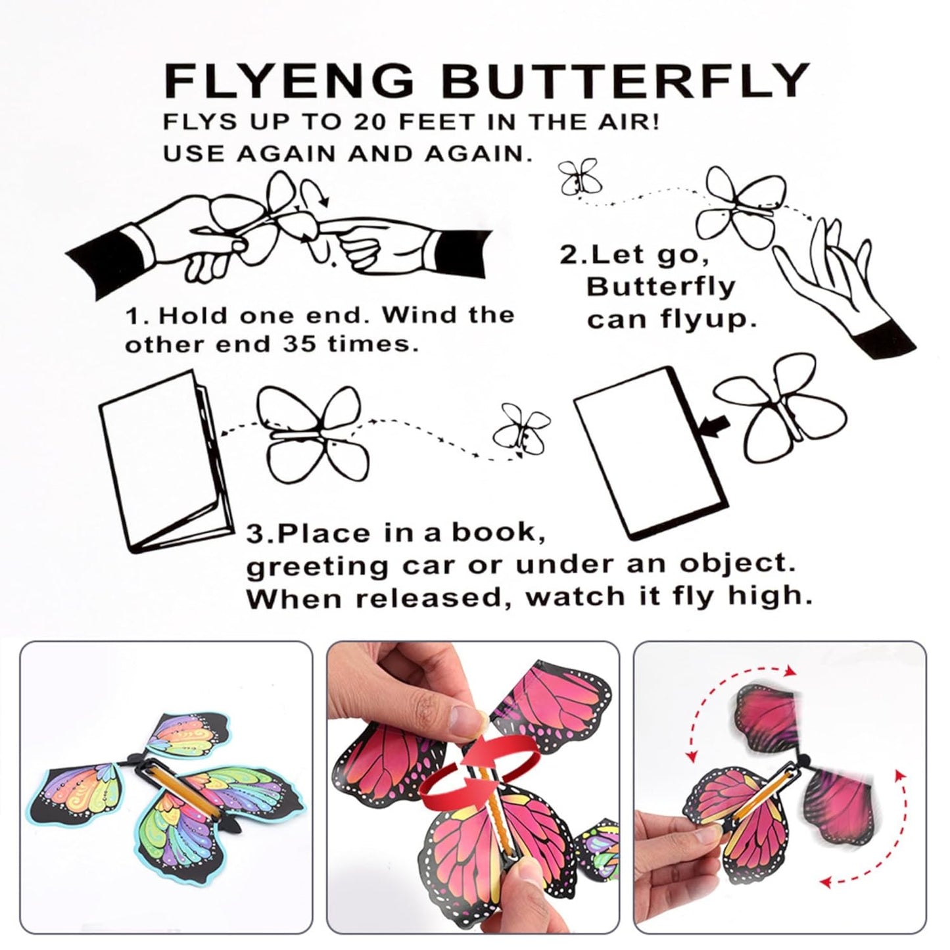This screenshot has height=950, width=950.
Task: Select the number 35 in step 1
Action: point(298,344)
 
